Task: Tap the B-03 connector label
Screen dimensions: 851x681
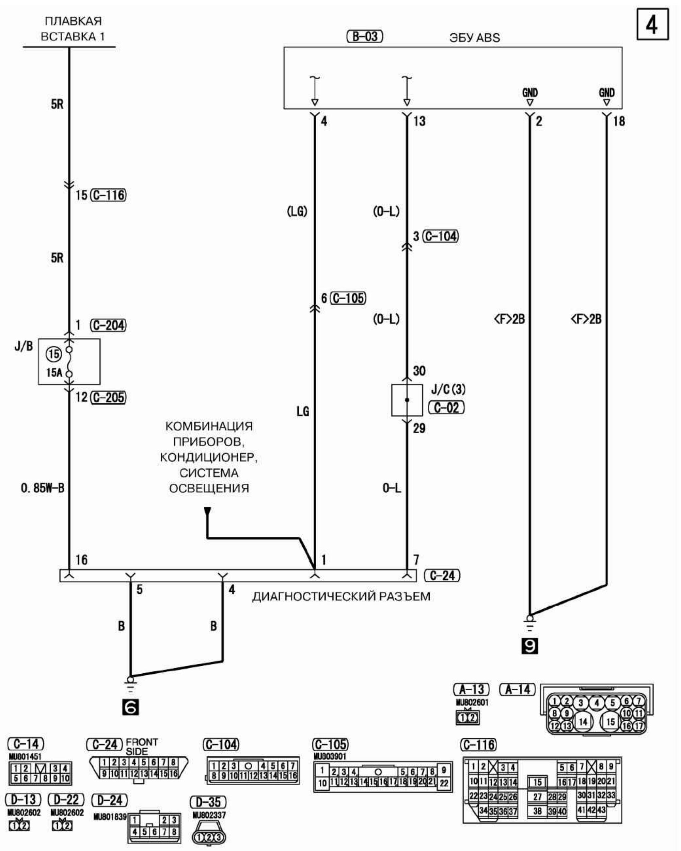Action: pos(364,37)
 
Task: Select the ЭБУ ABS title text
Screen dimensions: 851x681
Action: pos(475,38)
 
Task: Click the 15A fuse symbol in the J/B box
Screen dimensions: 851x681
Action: pos(69,361)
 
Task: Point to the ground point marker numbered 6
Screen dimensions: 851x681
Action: pos(131,707)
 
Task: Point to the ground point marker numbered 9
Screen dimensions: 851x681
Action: pos(529,646)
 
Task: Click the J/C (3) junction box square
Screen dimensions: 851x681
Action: pos(407,400)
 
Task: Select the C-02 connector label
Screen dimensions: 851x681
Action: pos(446,407)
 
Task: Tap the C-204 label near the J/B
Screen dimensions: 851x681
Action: pos(108,325)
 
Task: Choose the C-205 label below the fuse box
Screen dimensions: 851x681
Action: pos(108,397)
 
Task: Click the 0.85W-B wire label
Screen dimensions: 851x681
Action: pos(43,488)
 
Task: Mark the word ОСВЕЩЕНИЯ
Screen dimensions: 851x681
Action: pos(209,488)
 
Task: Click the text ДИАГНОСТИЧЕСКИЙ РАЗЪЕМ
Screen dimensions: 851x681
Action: pos(341,596)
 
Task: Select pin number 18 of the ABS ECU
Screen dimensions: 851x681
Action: pos(619,121)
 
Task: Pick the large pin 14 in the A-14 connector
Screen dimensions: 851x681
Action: pos(583,722)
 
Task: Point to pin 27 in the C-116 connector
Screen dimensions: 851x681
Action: pos(537,797)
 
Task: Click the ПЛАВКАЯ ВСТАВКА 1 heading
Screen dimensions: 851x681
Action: pos(73,29)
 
